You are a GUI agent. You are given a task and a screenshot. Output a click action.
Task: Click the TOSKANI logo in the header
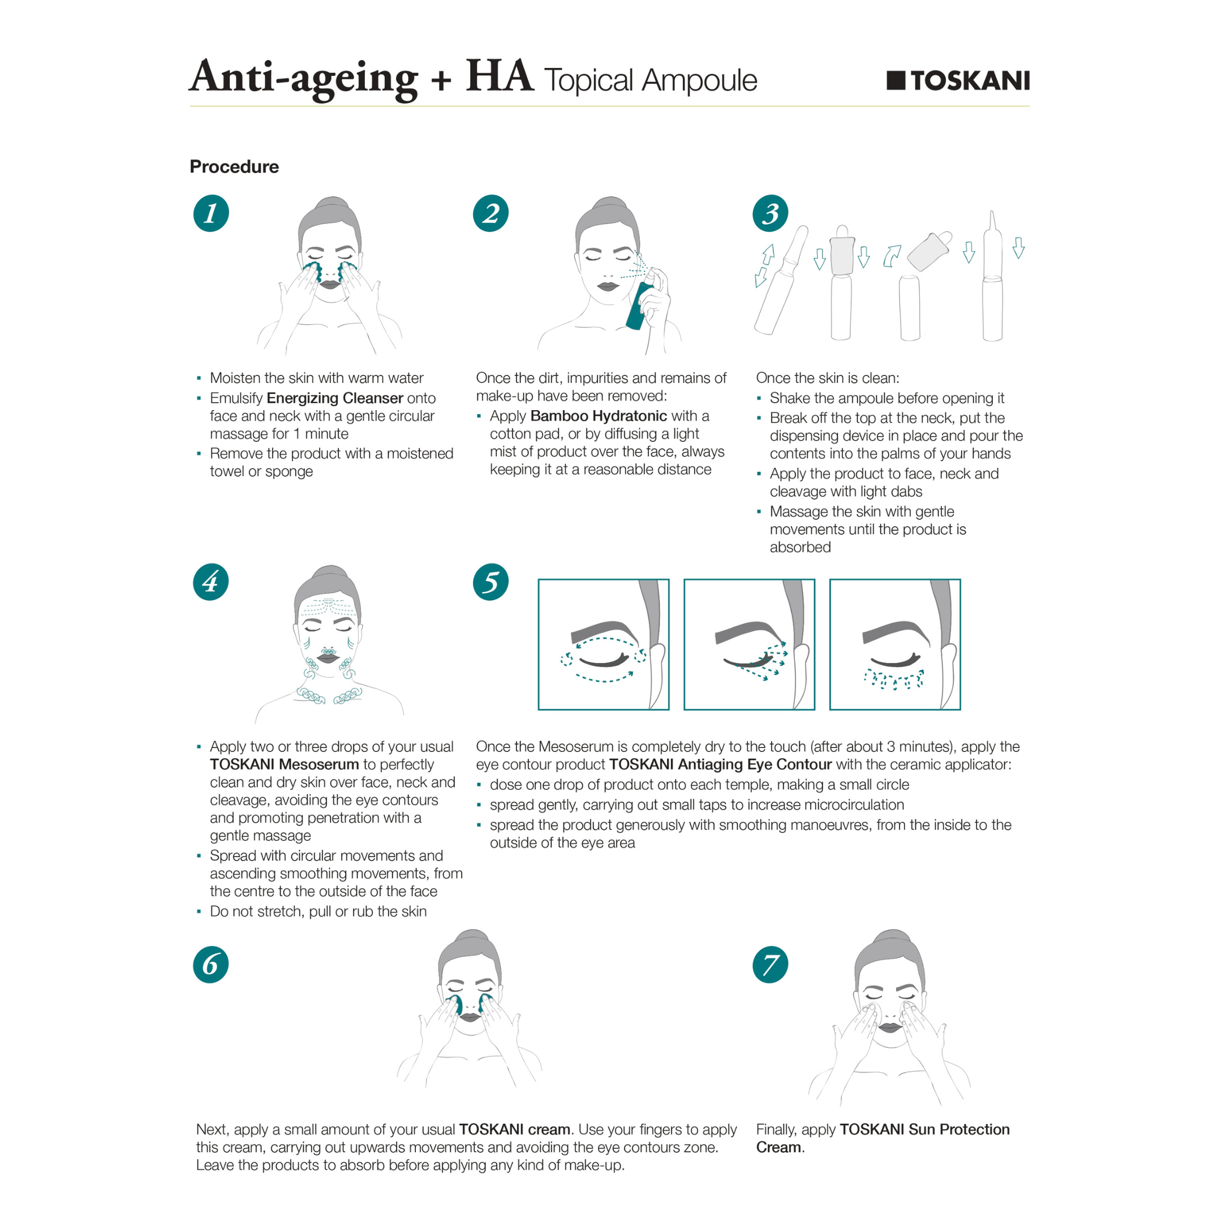958,81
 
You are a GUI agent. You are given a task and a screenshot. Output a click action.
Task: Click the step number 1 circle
210,213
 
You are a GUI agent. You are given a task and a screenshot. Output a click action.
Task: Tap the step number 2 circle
490,213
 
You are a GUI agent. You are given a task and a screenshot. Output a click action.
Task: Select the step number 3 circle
770,213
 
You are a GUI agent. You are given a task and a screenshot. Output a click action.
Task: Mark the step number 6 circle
210,965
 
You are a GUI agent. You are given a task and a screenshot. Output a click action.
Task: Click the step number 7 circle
770,965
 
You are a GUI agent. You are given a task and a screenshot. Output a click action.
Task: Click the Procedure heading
234,166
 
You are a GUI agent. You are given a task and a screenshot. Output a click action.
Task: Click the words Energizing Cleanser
334,398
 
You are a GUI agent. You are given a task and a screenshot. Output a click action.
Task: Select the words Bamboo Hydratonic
599,416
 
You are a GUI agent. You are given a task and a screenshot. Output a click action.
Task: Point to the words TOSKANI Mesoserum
284,764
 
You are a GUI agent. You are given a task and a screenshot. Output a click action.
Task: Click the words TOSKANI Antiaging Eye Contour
720,764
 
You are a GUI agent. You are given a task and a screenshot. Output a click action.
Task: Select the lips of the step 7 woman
890,1028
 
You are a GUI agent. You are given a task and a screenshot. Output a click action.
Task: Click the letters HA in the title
499,77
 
